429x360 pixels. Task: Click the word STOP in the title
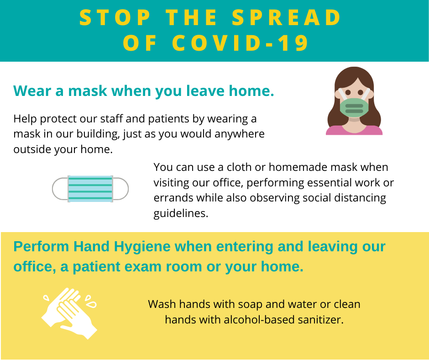point(115,17)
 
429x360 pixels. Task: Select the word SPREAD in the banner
point(287,17)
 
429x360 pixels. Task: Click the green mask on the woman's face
point(354,107)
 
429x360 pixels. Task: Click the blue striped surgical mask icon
point(90,189)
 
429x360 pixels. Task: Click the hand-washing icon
point(69,313)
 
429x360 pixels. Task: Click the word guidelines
point(181,214)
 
